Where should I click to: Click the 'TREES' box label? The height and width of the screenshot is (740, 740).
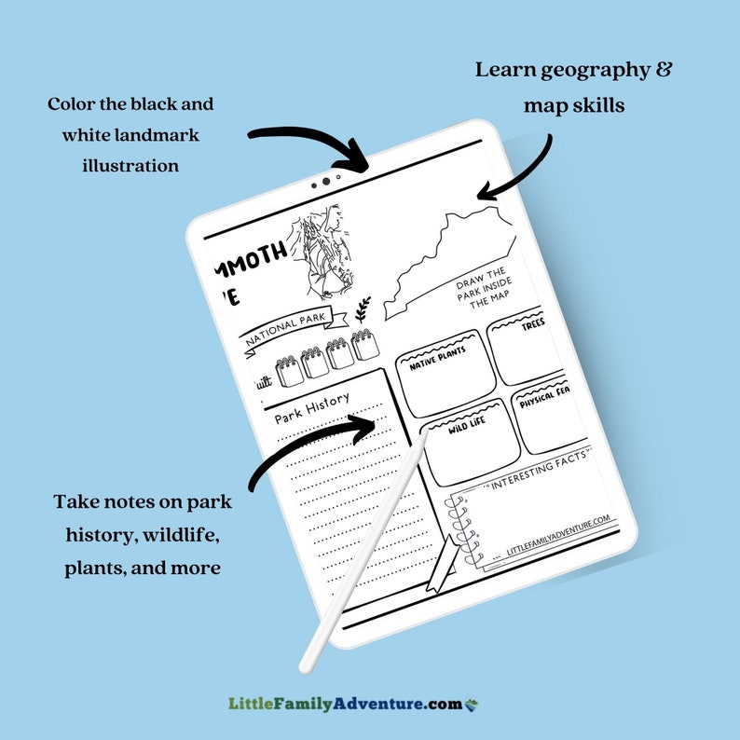point(533,325)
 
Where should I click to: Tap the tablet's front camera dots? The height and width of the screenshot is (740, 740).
point(324,181)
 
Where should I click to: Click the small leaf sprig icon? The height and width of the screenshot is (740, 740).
point(362,308)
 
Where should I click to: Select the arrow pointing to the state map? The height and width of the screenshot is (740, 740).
point(517,168)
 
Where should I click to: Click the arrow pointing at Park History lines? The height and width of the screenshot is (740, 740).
point(317,447)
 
